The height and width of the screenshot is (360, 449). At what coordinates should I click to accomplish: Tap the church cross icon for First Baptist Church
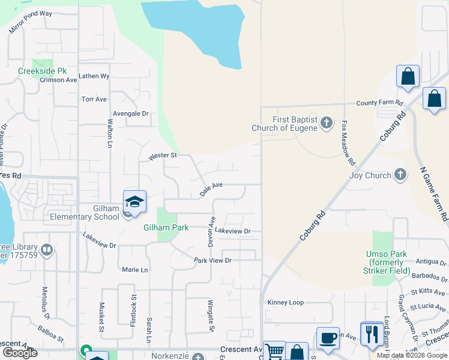click(327, 124)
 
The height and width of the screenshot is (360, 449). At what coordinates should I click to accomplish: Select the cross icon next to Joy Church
click(400, 175)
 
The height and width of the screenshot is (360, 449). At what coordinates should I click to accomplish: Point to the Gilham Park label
click(166, 227)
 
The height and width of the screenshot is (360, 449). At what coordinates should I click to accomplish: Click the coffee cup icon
click(328, 338)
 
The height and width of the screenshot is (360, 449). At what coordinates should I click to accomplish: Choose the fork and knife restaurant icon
click(372, 333)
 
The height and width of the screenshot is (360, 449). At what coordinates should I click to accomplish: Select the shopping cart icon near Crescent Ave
click(274, 351)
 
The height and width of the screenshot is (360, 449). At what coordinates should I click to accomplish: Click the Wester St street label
click(163, 156)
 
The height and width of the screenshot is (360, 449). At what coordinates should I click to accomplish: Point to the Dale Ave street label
click(211, 190)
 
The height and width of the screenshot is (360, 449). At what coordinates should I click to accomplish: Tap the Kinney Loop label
click(286, 302)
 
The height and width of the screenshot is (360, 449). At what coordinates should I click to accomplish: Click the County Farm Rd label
click(379, 103)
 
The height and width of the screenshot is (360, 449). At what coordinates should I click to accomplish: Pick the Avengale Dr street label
click(130, 113)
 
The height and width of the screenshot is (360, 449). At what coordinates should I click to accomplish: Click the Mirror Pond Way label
click(31, 22)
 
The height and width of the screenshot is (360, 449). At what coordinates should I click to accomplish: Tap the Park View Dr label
click(212, 260)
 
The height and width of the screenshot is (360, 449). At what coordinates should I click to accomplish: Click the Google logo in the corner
click(20, 352)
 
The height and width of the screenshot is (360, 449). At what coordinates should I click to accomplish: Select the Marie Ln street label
click(134, 270)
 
